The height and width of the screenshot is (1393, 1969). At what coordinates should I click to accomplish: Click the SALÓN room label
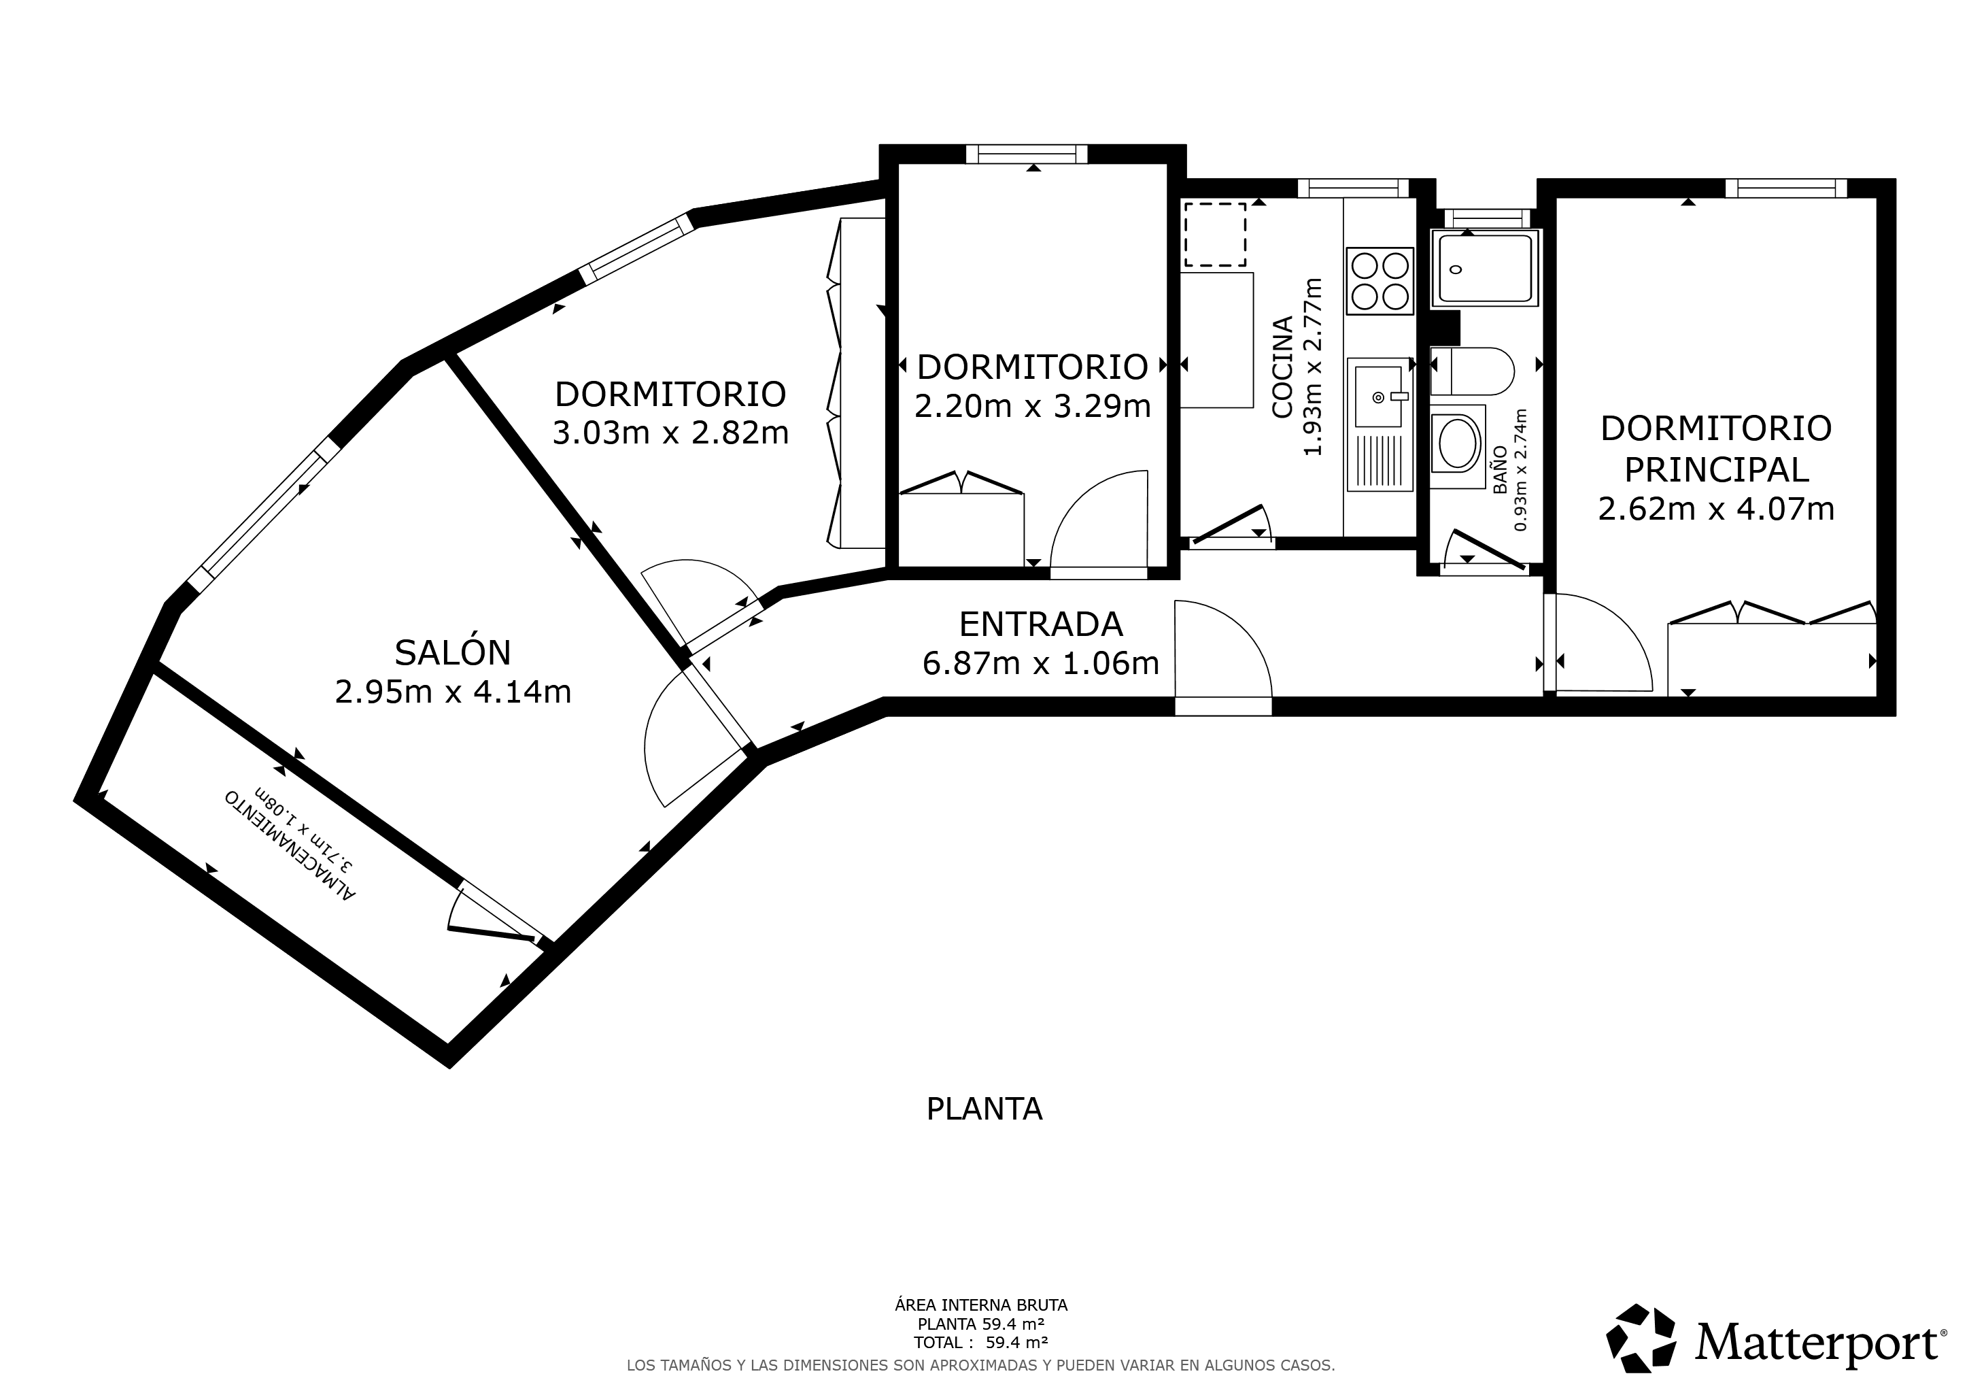pos(453,653)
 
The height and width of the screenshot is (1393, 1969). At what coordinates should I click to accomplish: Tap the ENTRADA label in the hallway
pos(1040,624)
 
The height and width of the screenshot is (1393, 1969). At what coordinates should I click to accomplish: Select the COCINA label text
pos(1282,367)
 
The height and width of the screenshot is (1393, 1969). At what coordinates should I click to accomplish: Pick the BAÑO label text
pos(1500,469)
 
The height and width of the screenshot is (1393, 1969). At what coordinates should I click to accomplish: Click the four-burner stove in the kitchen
pos(1380,280)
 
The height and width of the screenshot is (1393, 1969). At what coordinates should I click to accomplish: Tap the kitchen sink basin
pos(1378,397)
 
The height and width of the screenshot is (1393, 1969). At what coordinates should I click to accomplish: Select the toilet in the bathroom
pos(1471,371)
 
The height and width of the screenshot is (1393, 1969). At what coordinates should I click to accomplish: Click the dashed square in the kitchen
pos(1214,234)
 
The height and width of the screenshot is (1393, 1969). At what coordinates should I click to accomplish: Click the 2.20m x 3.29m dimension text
pos(1033,405)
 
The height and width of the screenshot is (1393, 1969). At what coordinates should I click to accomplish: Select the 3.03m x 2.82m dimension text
pos(670,433)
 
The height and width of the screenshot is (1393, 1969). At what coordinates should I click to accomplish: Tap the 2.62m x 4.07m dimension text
pos(1716,509)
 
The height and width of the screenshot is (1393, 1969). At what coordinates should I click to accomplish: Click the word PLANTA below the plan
pos(984,1109)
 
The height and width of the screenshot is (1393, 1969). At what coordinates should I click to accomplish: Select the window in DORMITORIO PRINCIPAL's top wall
pos(1786,188)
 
